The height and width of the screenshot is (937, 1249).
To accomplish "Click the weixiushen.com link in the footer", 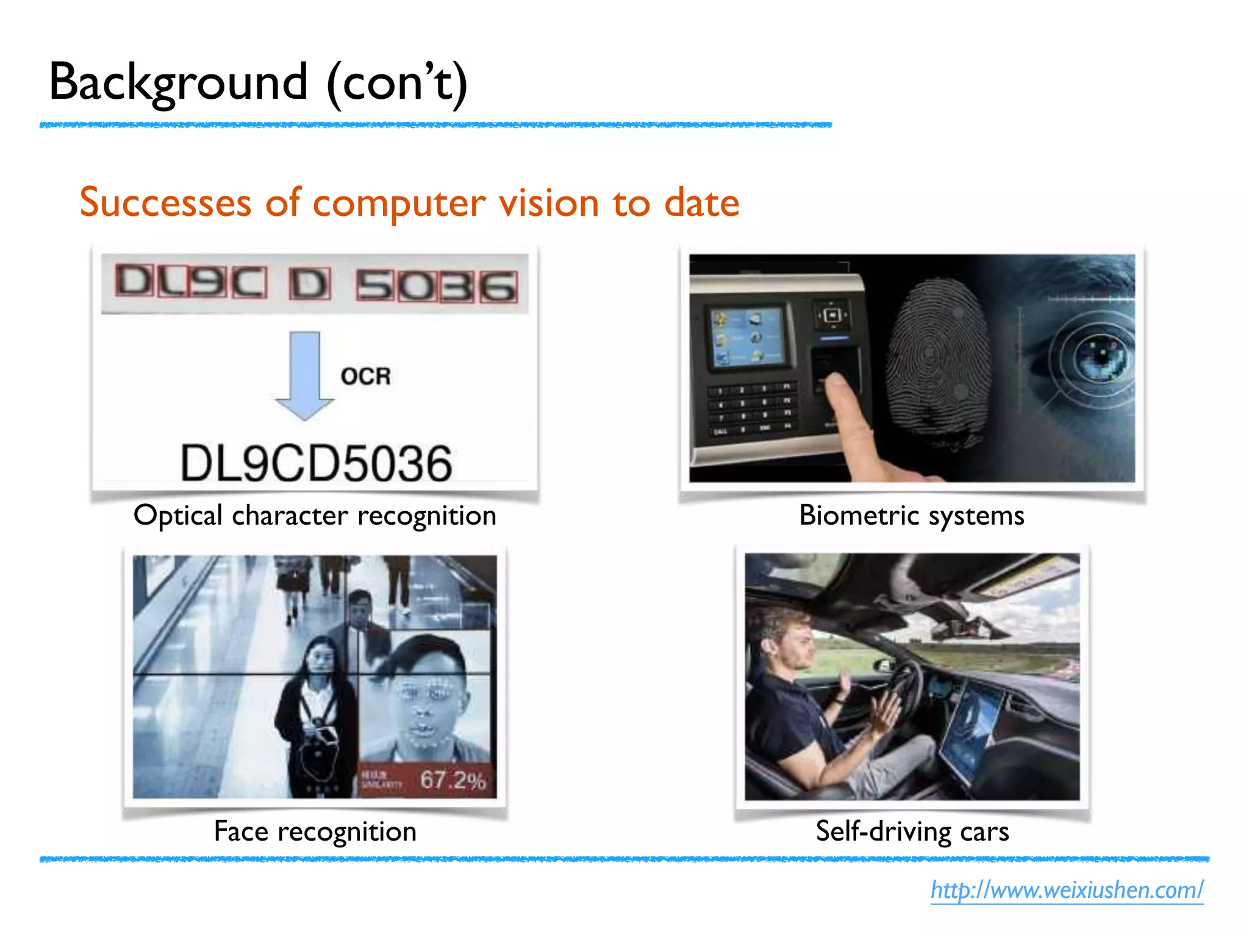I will [1067, 889].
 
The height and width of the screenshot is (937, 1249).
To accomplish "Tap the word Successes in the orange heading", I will [165, 203].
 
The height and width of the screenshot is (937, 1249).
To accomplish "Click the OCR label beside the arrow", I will [365, 376].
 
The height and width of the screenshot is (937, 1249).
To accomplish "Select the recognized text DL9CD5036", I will [316, 464].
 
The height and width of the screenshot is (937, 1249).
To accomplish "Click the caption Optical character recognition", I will [315, 515].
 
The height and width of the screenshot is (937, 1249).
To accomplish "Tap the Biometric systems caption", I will [911, 515].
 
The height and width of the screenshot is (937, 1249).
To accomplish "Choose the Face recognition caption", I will [315, 831].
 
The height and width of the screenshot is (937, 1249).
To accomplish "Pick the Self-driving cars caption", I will [912, 831].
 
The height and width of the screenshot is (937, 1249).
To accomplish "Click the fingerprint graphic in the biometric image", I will [936, 360].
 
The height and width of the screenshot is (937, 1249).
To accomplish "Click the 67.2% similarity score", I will [453, 780].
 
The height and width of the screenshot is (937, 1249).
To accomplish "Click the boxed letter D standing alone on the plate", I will [310, 284].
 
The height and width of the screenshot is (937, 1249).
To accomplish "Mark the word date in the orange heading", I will [701, 203].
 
